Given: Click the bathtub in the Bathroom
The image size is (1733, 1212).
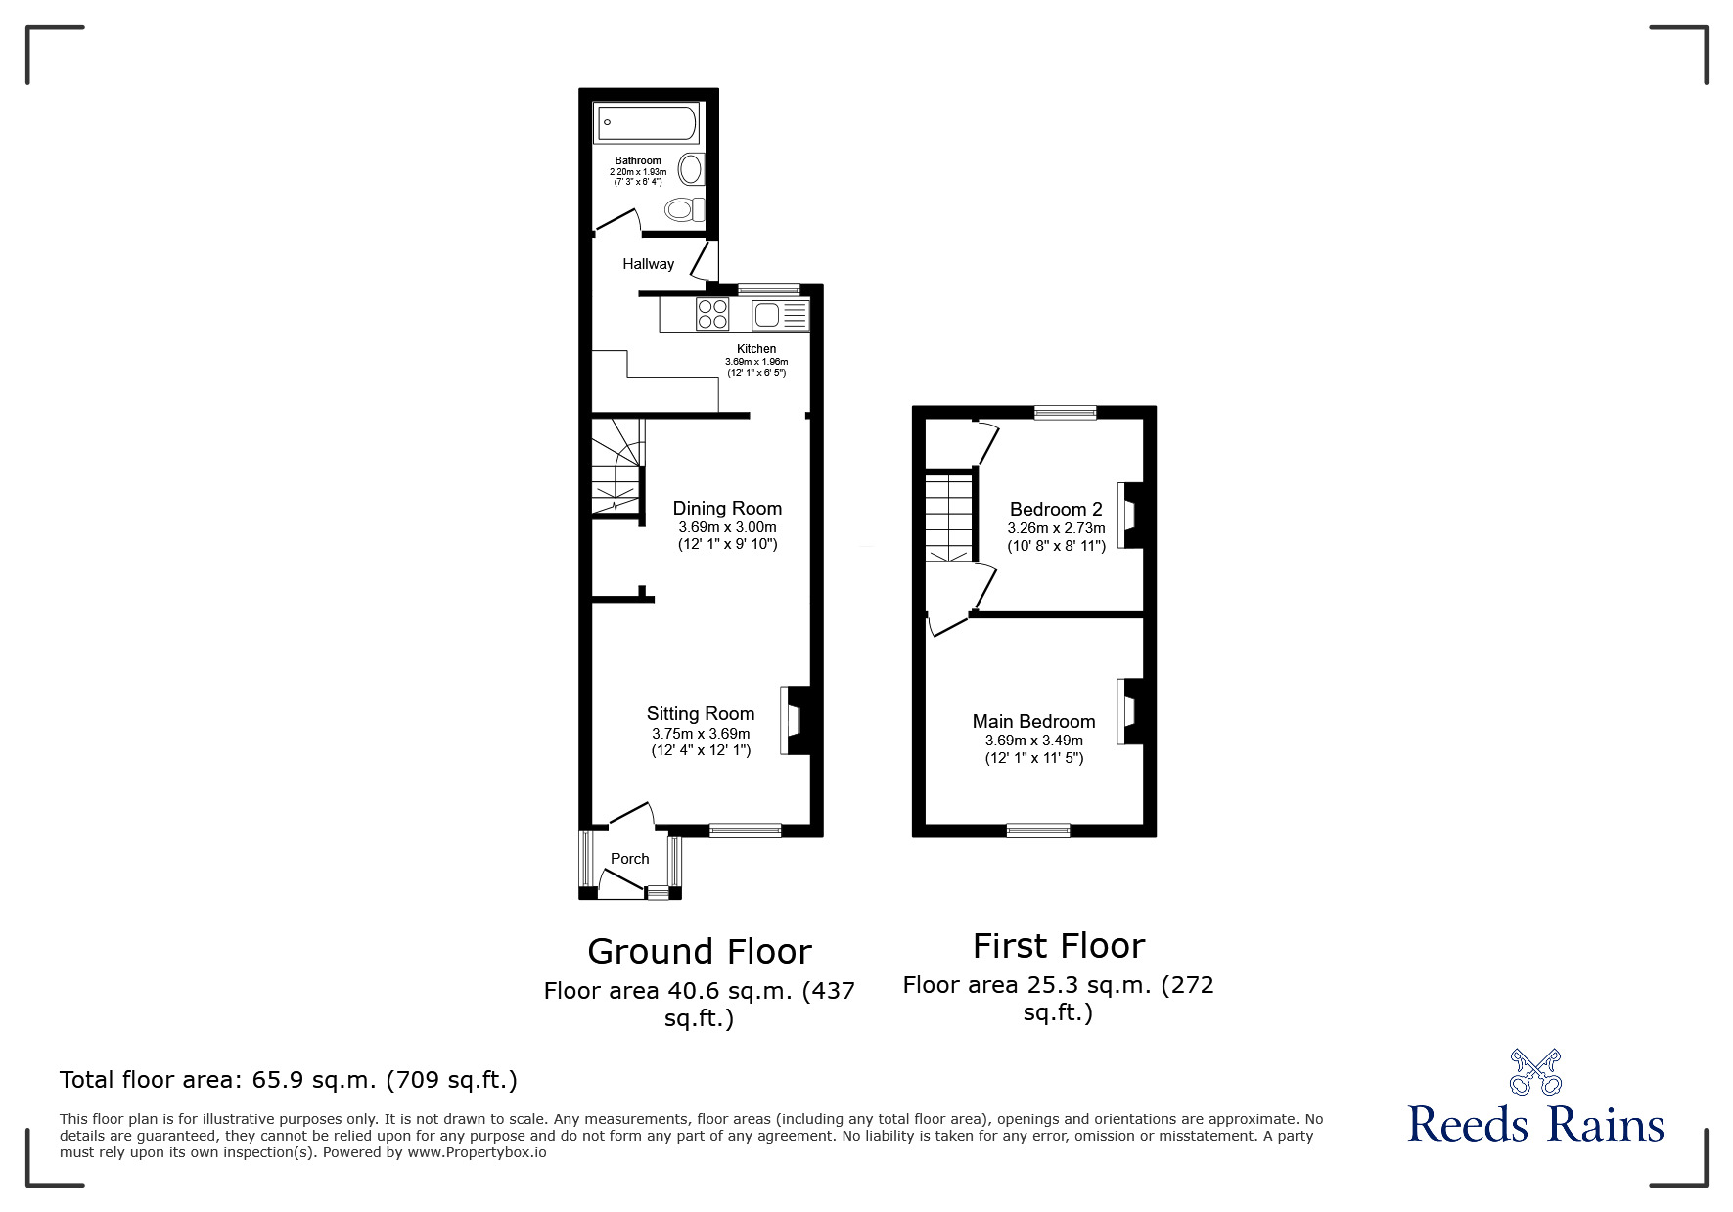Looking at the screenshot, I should point(646,123).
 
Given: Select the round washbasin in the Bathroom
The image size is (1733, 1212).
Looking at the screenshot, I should point(692,169).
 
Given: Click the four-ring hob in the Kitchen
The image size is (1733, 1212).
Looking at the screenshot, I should point(712,314).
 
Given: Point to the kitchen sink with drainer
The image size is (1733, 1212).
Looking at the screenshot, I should point(780,315).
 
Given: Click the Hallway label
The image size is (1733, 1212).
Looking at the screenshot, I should point(648,264).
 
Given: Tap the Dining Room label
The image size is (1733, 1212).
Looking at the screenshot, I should point(727,508).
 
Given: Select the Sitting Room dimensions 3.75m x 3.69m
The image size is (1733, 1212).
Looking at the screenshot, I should point(701,734).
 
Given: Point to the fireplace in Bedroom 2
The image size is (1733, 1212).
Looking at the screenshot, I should point(1129,515).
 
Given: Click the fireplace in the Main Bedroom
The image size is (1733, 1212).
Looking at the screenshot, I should point(1129,711).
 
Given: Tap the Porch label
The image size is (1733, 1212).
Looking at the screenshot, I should point(629,859).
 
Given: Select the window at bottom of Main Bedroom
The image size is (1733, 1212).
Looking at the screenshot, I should point(1038,830).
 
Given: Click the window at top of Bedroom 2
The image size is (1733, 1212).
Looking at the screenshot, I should point(1066,413).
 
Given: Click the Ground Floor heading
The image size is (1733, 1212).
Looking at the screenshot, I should point(699,951).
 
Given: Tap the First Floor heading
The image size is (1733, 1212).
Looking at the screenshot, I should point(1058,946).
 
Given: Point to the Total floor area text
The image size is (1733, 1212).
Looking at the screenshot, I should point(289,1080).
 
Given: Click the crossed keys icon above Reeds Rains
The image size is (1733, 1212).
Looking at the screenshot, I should point(1535,1072).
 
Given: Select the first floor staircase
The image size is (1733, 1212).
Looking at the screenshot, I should point(950,516).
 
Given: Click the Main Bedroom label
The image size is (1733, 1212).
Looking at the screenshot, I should point(1033,721).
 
